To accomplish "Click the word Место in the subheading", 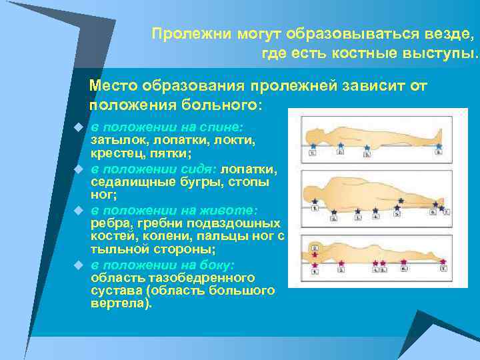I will click(x=113, y=86).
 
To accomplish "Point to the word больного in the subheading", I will click(x=222, y=105).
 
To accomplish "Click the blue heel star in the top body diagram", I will click(x=437, y=145).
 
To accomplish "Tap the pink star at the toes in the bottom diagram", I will click(x=443, y=261).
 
